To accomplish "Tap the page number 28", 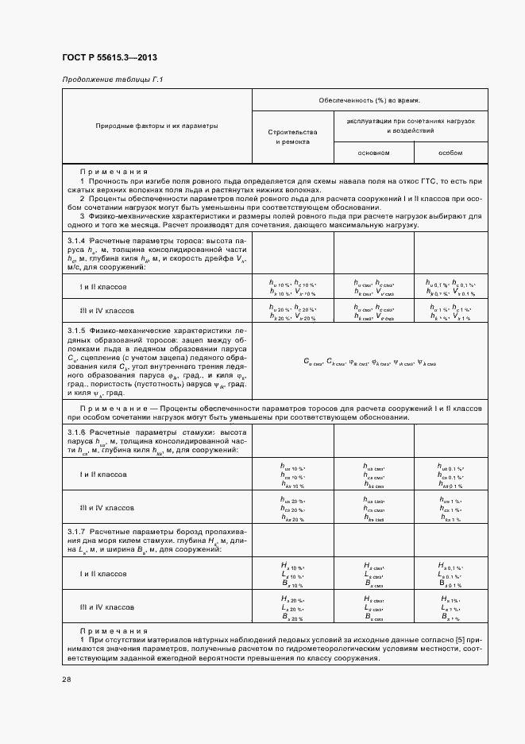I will point(66,680).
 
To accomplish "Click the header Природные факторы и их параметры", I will point(156,126).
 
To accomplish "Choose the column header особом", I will point(450,152).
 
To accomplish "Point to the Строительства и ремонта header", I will point(293,136).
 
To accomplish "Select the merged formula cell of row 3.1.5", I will point(370,362).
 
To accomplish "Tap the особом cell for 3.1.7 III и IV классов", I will point(450,608).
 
